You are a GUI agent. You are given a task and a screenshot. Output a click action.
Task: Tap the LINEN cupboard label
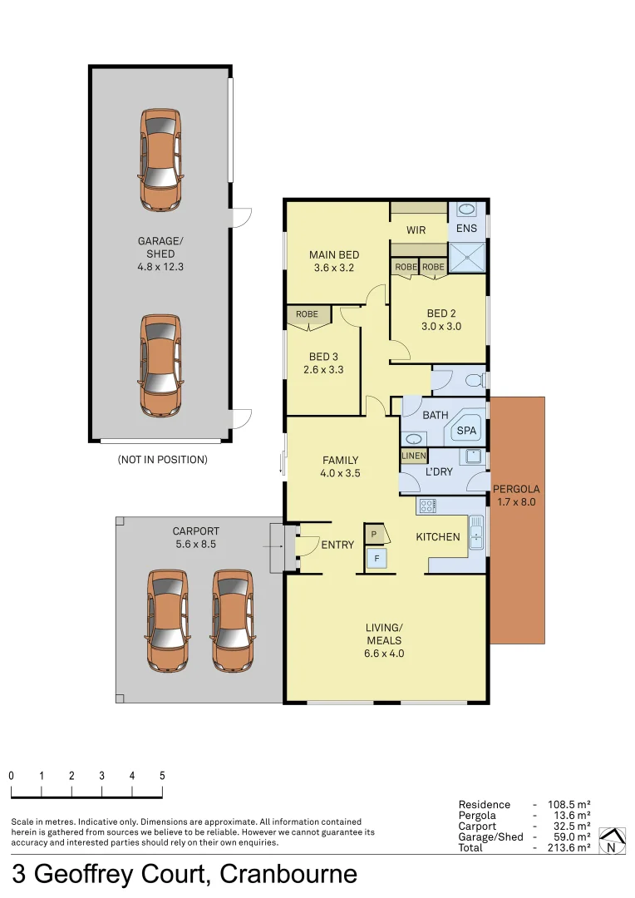413,456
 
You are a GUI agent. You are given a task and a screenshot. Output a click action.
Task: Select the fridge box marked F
377,559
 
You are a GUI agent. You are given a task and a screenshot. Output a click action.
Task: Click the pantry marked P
375,533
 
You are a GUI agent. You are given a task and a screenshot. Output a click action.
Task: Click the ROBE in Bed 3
307,314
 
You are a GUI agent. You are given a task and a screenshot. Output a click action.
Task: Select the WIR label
416,229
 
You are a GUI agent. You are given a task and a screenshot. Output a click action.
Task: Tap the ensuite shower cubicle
466,258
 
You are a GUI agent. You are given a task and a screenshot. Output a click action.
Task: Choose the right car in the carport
232,619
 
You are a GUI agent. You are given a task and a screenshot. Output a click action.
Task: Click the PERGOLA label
516,495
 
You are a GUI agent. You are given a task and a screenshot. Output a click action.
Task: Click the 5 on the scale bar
162,775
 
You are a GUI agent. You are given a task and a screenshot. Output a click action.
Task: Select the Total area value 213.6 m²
569,847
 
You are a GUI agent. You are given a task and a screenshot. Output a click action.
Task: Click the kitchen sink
476,532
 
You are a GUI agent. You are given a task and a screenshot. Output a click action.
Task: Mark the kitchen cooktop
427,505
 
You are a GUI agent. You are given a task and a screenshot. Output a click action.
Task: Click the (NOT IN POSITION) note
162,459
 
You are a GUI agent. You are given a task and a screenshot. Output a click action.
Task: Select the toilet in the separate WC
474,381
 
